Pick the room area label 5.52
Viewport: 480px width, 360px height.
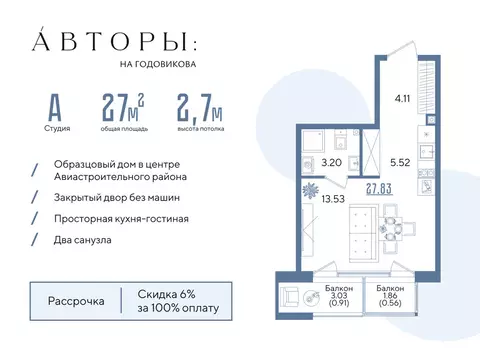point(400,161)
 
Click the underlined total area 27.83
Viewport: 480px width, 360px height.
point(379,187)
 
